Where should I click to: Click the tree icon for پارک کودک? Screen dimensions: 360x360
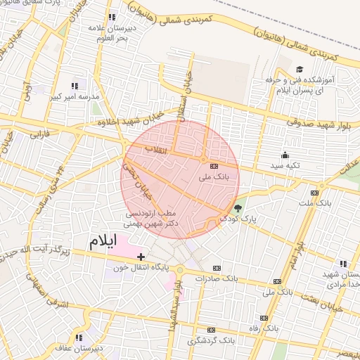238,208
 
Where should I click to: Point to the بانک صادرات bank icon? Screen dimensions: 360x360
215,267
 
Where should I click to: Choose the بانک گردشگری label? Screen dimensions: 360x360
210,340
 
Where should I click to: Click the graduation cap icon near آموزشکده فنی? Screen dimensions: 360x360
300,70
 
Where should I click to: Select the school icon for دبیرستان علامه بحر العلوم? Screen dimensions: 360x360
111,17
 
